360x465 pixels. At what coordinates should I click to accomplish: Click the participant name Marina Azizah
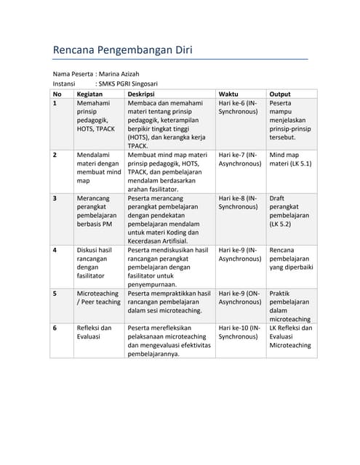point(119,73)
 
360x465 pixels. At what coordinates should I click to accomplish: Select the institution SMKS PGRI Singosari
point(127,84)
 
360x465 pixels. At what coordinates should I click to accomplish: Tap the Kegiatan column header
point(89,94)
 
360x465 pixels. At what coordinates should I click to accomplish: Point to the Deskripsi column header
point(141,94)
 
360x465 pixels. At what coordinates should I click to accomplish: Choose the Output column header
point(280,94)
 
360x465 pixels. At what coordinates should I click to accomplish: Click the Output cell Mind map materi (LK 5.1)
point(290,159)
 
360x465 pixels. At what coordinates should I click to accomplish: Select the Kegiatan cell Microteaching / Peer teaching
point(99,298)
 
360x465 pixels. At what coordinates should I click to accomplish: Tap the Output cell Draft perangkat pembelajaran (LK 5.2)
point(289,211)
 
